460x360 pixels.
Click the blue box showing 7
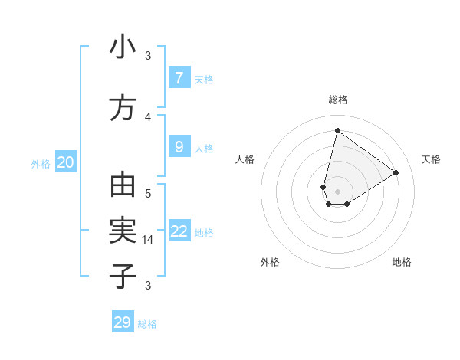[179, 78]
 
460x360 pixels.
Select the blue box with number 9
[179, 147]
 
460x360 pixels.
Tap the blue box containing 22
[179, 231]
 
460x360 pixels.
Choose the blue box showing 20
[66, 162]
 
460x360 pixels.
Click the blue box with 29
[123, 322]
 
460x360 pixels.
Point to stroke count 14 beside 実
[148, 240]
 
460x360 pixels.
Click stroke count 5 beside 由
[148, 194]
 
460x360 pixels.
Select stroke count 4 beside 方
[148, 116]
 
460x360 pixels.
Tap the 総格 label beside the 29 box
[147, 324]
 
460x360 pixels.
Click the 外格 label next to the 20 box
[41, 163]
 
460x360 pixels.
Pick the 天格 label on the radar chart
[431, 159]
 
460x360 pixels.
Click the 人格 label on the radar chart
[245, 159]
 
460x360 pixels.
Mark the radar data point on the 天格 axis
[396, 172]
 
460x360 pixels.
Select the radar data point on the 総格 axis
[337, 130]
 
